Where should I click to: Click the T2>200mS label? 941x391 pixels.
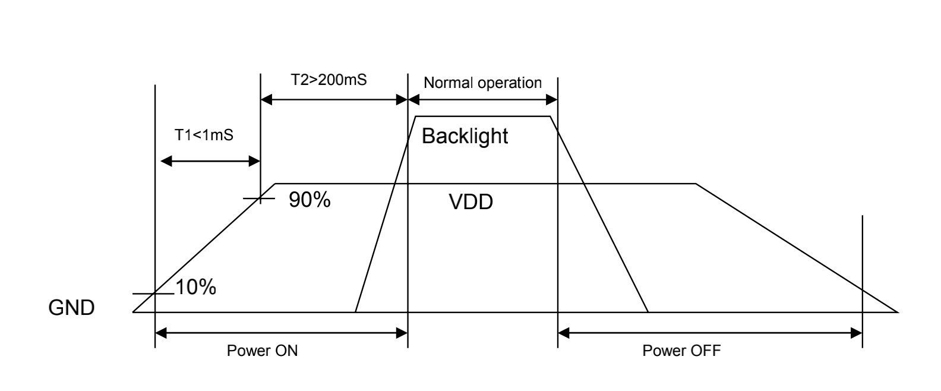(328, 80)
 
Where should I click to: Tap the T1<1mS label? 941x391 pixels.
(204, 135)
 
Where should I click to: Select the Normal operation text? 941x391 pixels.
(482, 83)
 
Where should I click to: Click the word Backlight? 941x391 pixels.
(465, 136)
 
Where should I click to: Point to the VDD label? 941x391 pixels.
(470, 203)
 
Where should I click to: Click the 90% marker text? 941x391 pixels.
(310, 200)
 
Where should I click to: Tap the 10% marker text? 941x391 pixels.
(195, 288)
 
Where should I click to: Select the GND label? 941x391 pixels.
(71, 308)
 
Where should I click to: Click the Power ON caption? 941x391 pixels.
(262, 351)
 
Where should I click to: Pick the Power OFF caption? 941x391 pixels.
(681, 351)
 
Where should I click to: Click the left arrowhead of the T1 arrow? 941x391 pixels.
(166, 161)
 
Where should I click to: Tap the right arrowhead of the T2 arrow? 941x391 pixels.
(402, 100)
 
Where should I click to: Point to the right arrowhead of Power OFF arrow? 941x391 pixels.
(857, 333)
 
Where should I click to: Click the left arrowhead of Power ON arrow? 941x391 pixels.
(160, 333)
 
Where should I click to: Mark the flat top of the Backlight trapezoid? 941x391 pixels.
(483, 116)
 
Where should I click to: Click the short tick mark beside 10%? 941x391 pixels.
(153, 294)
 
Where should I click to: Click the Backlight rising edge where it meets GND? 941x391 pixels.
(355, 311)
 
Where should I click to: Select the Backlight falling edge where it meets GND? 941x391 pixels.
(648, 311)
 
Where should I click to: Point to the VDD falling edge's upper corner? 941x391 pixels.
(696, 184)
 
